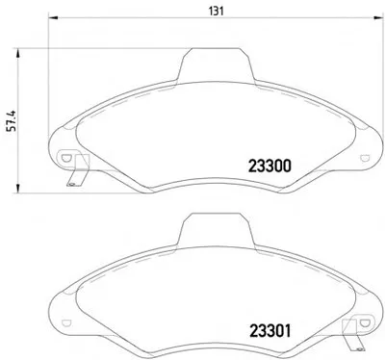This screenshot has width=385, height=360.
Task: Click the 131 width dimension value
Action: pyautogui.click(x=217, y=12)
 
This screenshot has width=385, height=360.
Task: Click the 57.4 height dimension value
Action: pyautogui.click(x=12, y=121)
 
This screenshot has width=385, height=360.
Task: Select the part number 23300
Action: pyautogui.click(x=269, y=166)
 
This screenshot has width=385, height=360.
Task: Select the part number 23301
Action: pyautogui.click(x=269, y=331)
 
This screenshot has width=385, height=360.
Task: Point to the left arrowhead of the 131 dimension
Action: pyautogui.click(x=52, y=17)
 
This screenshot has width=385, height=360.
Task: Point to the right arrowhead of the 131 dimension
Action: pyautogui.click(x=378, y=17)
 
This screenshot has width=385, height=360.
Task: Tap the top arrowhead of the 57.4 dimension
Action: pyautogui.click(x=18, y=53)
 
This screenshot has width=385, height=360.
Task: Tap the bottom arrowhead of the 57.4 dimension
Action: pyautogui.click(x=18, y=189)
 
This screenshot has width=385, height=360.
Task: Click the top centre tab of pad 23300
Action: pyautogui.click(x=216, y=64)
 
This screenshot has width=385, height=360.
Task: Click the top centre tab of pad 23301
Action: pyautogui.click(x=216, y=229)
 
